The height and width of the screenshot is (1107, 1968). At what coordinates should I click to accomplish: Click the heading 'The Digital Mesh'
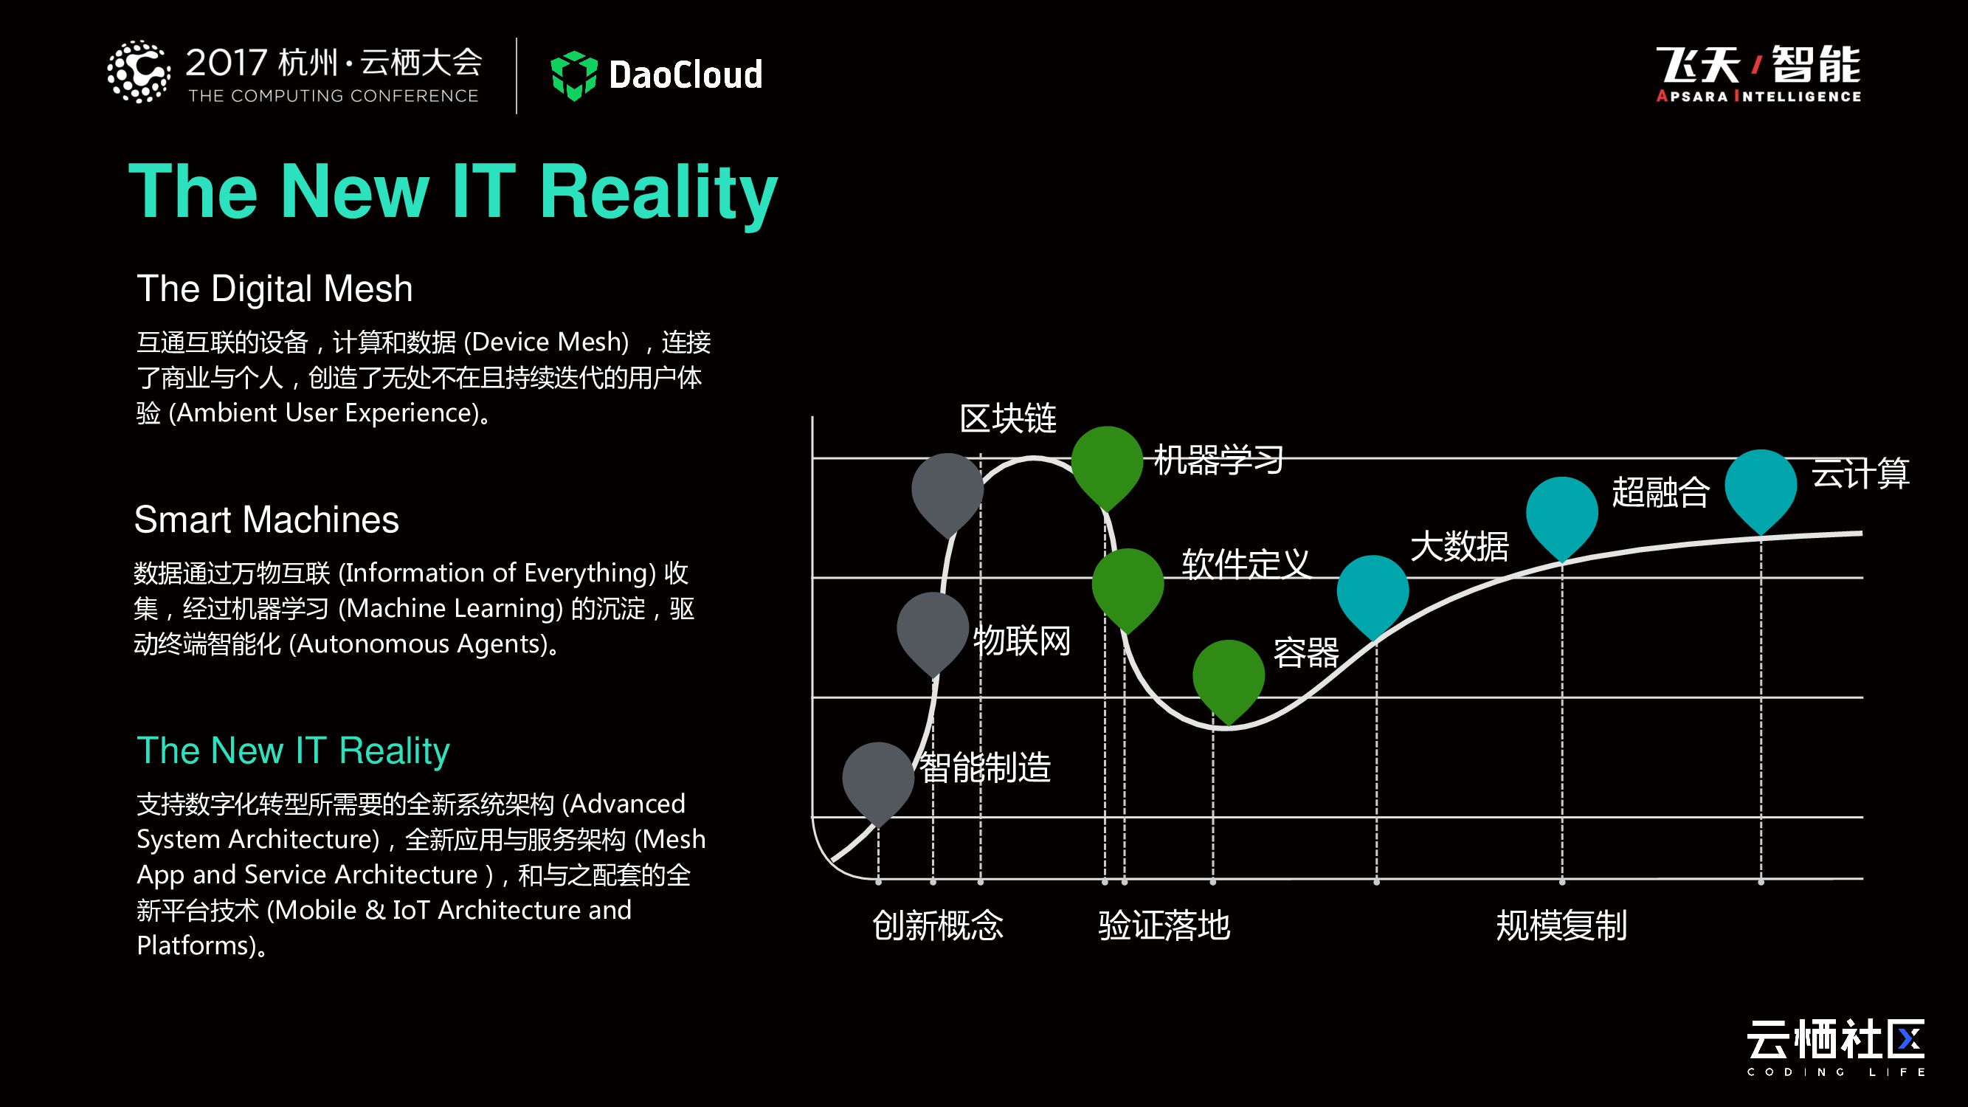275,289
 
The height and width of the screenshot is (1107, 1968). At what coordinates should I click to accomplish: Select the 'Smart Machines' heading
266,520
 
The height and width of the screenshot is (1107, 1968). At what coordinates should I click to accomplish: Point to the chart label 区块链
1008,418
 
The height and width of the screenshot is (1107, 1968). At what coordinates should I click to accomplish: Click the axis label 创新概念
937,925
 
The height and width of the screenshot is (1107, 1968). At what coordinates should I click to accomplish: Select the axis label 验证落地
1164,925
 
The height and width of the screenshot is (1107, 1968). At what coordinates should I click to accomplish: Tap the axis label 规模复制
1561,925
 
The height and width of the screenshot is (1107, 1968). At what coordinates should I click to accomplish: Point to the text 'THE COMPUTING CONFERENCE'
333,96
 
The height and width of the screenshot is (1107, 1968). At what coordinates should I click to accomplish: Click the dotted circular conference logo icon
138,72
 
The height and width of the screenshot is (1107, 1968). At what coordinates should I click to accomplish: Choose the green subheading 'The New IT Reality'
293,751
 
